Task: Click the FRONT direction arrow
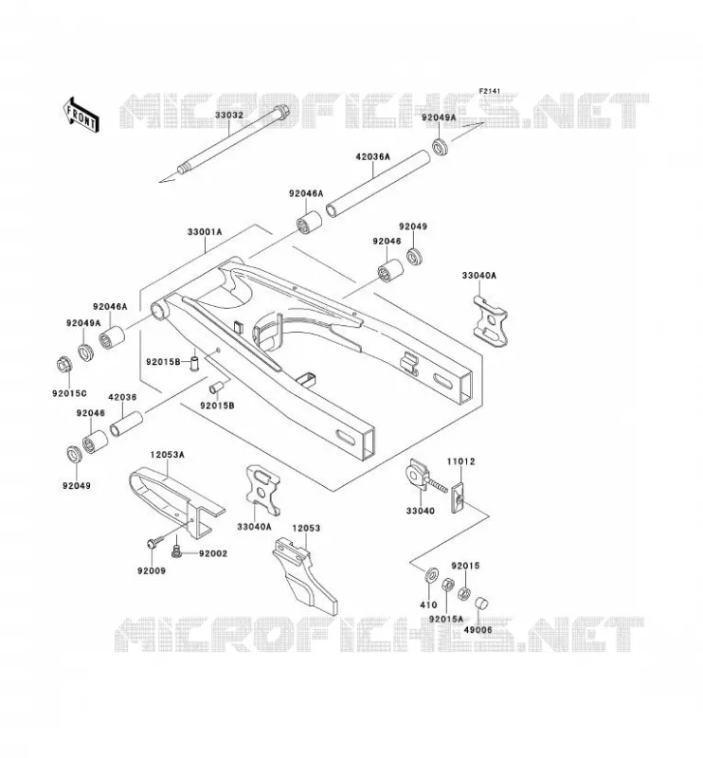[x=81, y=115]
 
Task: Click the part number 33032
[x=229, y=116]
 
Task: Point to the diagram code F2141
[x=490, y=91]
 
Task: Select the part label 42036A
[x=372, y=157]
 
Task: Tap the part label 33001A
[x=205, y=232]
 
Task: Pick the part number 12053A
[x=168, y=455]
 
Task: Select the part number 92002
[x=213, y=553]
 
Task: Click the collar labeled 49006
[x=482, y=605]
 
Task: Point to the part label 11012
[x=460, y=461]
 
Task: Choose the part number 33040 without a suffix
[x=420, y=511]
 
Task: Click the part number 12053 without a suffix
[x=306, y=529]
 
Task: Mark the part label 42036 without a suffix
[x=122, y=397]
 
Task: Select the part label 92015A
[x=445, y=620]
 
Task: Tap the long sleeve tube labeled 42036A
[x=378, y=185]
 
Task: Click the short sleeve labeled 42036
[x=126, y=424]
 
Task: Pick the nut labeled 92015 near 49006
[x=464, y=593]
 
